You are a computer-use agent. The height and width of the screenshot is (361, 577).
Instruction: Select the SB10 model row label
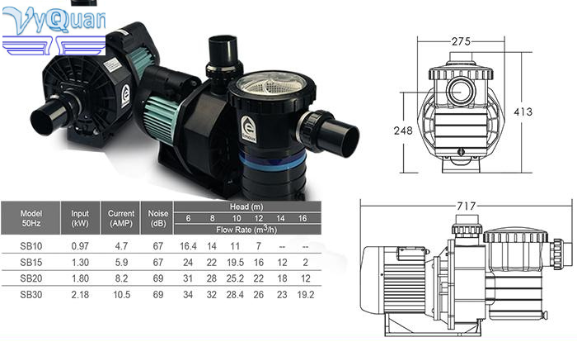[x=31, y=246]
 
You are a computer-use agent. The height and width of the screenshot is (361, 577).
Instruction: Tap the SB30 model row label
[x=31, y=295]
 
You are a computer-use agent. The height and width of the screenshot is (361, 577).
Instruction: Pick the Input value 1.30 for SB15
[x=80, y=262]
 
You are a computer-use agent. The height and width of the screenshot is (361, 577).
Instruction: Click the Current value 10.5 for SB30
[x=121, y=295]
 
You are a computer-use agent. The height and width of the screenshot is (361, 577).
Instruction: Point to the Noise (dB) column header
[x=158, y=218]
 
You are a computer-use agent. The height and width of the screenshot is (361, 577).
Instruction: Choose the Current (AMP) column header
[x=121, y=218]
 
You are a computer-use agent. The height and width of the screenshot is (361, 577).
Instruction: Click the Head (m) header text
[x=246, y=207]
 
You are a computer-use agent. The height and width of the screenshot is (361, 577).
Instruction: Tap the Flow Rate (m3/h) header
[x=246, y=230]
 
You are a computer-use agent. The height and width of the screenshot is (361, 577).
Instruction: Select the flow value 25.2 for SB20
[x=235, y=278]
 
